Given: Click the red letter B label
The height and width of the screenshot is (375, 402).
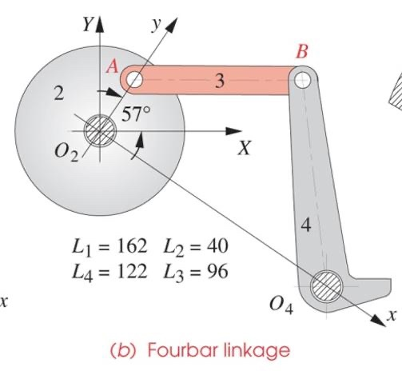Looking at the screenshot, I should pyautogui.click(x=301, y=53).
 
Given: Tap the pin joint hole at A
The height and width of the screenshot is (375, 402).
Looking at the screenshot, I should pyautogui.click(x=134, y=79).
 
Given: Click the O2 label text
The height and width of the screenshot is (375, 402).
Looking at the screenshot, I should pyautogui.click(x=67, y=154).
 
